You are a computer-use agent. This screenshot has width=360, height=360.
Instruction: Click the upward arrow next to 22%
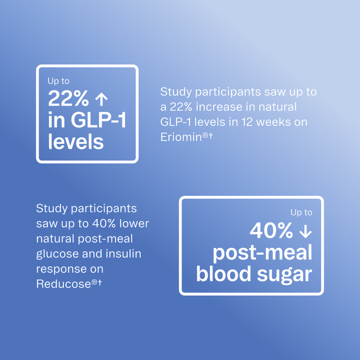point(101,99)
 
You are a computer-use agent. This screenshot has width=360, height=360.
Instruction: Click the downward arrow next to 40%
point(304,231)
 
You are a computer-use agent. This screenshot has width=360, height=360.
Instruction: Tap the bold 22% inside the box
point(68,99)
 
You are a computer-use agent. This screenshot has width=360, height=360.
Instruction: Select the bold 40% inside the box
point(271,231)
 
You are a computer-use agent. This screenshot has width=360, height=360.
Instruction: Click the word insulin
point(124,253)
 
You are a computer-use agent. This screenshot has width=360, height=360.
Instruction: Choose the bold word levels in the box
point(76,142)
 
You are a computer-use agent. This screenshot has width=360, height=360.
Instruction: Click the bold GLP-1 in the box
point(97,121)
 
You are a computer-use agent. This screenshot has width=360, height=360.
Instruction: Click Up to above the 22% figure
point(58,80)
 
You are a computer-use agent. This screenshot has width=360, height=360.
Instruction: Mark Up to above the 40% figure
point(301,212)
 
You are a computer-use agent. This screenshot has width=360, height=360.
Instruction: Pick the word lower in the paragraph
point(134,223)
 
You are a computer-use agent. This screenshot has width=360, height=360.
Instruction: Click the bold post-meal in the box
point(262,252)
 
